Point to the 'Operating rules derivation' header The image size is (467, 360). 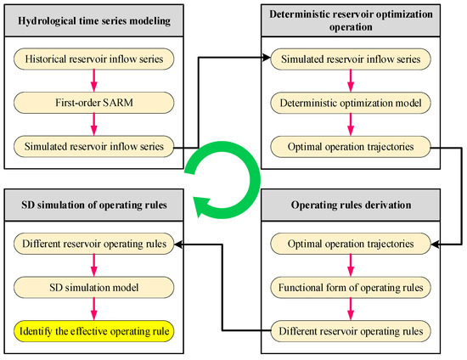366,204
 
